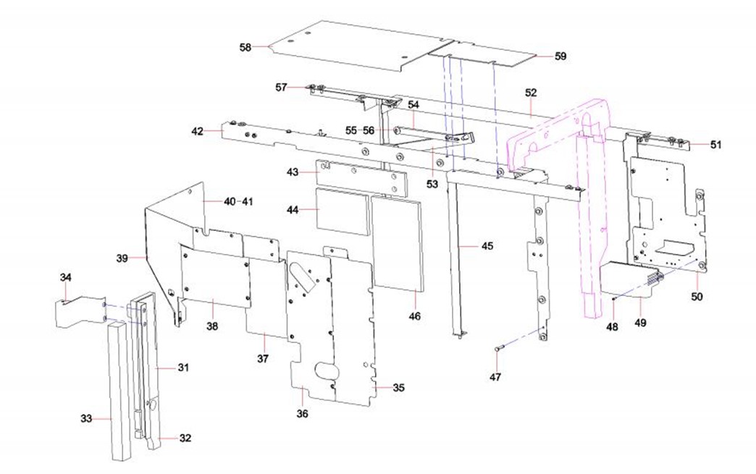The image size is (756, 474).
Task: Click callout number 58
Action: [x=245, y=47]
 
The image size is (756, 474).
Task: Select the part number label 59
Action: [x=560, y=56]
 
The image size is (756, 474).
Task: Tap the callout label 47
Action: [x=495, y=376]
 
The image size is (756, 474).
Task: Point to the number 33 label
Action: [x=87, y=418]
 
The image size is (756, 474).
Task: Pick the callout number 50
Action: [x=697, y=296]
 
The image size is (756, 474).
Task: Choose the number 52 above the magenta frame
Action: [x=532, y=93]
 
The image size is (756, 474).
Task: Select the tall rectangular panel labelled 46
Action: [x=396, y=242]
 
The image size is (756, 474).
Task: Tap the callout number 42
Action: [x=198, y=131]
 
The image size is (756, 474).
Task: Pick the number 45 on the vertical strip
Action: [x=487, y=247]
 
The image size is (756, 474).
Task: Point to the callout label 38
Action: [x=211, y=326]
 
